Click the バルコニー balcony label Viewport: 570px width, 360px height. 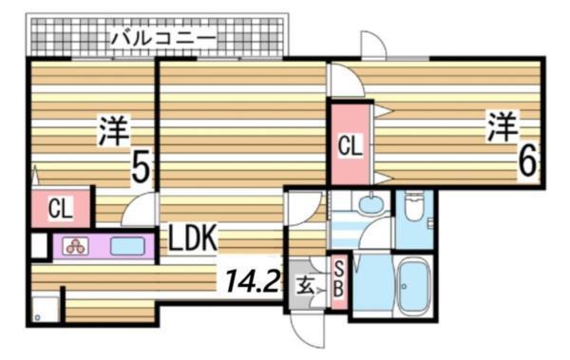(163, 38)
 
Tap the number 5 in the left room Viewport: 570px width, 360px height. (141, 169)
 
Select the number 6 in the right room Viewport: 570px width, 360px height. (527, 162)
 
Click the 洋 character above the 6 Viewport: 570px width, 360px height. (503, 125)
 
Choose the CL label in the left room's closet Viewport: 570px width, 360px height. (60, 207)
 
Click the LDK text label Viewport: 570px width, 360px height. (194, 237)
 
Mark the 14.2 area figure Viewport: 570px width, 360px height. (250, 279)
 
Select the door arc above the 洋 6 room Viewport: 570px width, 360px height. (372, 46)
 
